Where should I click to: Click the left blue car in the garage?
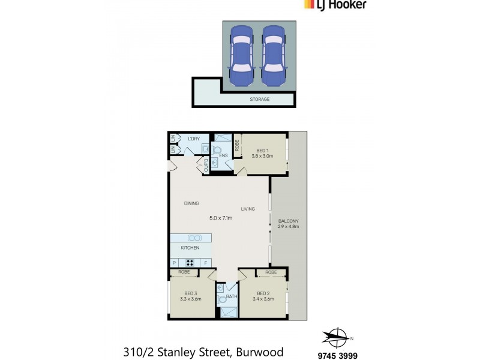tap(242, 56)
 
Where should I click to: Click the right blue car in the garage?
tap(273, 56)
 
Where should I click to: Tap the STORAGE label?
tap(259, 99)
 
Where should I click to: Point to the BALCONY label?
tap(288, 221)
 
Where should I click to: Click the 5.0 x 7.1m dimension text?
tap(220, 218)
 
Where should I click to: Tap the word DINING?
tap(191, 203)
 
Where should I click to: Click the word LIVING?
tap(248, 209)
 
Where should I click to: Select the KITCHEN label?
tap(190, 248)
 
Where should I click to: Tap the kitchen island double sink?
tap(195, 238)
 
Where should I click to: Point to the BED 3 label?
tap(190, 293)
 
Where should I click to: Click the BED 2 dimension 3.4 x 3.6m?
tap(263, 299)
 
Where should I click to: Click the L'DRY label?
tap(193, 139)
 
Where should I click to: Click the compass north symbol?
tap(337, 337)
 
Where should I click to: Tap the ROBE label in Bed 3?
tap(185, 272)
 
